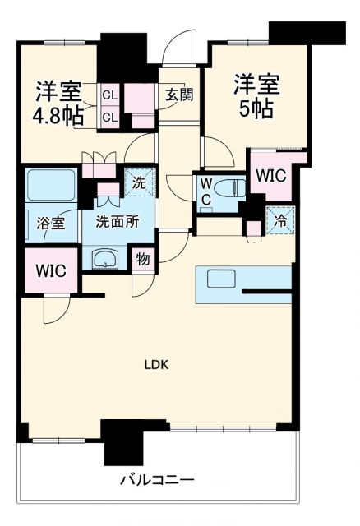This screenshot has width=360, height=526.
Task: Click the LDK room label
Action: (x=156, y=365)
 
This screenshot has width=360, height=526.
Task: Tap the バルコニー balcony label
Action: (x=157, y=480)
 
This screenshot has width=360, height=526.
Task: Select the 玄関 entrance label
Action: (x=179, y=95)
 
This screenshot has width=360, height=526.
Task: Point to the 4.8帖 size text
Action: (x=58, y=116)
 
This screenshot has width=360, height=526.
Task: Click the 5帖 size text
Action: (x=256, y=108)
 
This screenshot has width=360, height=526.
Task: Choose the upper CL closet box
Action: (x=110, y=95)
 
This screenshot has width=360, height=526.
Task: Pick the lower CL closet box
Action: (x=110, y=117)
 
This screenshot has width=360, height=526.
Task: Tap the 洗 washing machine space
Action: (x=139, y=182)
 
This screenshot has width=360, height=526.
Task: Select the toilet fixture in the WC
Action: (x=230, y=187)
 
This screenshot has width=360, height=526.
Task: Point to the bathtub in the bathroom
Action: (x=52, y=185)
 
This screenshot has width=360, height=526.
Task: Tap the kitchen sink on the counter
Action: (x=221, y=279)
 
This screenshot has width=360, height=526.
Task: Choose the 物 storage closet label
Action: (x=142, y=259)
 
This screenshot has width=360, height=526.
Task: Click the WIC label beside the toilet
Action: (x=270, y=175)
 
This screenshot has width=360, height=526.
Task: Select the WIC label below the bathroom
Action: (x=51, y=270)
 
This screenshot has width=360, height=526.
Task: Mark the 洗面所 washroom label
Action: (x=118, y=221)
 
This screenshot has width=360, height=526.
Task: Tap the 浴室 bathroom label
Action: (x=51, y=223)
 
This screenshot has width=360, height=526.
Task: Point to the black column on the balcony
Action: (x=123, y=442)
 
